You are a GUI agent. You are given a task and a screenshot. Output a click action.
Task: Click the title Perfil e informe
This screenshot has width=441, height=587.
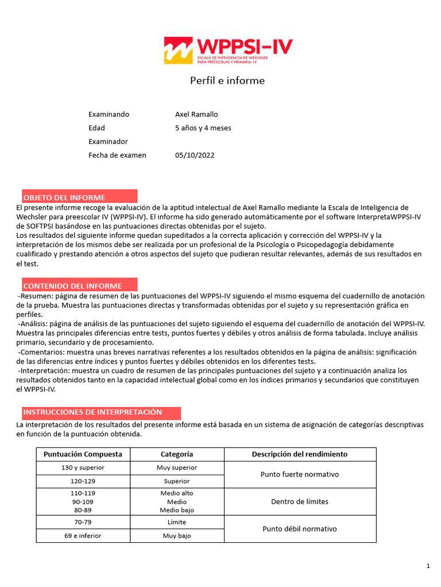[x=227, y=81]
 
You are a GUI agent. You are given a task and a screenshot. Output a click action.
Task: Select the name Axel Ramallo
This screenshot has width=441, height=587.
[x=196, y=114]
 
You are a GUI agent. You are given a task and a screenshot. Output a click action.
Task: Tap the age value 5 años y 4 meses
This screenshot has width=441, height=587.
[x=203, y=128]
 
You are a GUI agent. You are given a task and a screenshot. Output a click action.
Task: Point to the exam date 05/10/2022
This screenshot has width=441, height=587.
[x=195, y=155]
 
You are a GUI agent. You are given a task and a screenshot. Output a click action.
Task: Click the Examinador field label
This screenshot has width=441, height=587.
[x=108, y=142]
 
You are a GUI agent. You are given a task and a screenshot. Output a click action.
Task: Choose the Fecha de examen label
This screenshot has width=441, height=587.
[x=117, y=155]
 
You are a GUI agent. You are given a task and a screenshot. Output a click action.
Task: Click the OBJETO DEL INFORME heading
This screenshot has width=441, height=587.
[x=64, y=198]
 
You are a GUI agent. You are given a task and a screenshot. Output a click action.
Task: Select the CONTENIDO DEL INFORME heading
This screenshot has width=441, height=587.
[x=72, y=285]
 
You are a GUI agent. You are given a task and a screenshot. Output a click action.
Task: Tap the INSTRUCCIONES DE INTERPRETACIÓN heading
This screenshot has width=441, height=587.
[x=92, y=412]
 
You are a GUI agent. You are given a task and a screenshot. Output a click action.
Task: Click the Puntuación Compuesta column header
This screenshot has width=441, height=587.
[x=83, y=454]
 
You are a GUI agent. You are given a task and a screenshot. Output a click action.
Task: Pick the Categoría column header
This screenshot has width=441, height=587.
[x=177, y=454]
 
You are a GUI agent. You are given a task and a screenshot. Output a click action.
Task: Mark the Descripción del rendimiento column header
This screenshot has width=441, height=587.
[x=299, y=454]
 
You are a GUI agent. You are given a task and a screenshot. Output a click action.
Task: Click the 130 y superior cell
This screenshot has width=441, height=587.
[x=83, y=468]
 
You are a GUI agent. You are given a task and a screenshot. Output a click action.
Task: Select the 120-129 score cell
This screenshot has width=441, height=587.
[x=83, y=481]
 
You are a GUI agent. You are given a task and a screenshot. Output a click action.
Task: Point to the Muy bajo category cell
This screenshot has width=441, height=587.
[x=177, y=536]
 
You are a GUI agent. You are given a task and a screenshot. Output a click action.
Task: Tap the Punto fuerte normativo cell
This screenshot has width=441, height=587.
[x=299, y=474]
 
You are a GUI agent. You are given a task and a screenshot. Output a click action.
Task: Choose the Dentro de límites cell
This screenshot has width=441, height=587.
[x=299, y=502]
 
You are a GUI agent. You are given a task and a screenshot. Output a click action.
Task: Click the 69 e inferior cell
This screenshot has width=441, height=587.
[x=83, y=536]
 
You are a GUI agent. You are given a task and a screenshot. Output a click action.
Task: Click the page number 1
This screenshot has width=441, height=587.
[x=428, y=566]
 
